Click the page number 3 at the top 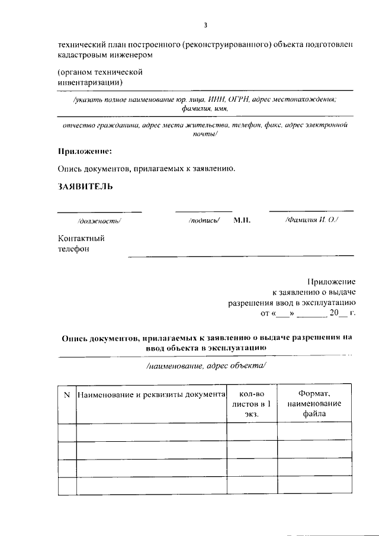point(205,25)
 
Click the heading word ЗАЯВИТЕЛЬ point(85,187)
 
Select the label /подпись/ point(204,220)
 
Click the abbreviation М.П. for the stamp point(242,220)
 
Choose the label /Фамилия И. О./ point(311,220)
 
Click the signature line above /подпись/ point(204,211)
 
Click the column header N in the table point(66,394)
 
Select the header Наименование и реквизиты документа point(152,394)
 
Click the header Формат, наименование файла point(314,404)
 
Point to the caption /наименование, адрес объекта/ point(206,365)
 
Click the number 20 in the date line point(336,312)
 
